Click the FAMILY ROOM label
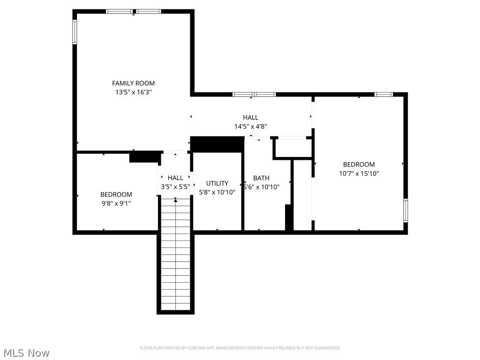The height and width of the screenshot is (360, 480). click(x=133, y=83)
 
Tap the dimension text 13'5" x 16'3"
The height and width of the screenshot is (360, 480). click(x=133, y=92)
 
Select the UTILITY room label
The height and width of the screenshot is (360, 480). click(x=217, y=183)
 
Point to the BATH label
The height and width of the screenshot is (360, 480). click(x=261, y=178)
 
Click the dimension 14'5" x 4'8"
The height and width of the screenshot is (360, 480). click(x=250, y=127)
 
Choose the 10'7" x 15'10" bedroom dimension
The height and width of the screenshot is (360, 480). click(x=359, y=173)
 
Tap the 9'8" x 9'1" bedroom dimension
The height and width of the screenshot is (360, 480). click(x=116, y=203)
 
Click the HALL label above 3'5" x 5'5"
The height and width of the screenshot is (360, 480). click(x=175, y=178)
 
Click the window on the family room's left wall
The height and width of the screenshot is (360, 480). click(x=75, y=32)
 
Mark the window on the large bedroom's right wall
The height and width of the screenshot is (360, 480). click(x=405, y=210)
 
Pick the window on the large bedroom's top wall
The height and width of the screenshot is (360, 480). click(x=383, y=94)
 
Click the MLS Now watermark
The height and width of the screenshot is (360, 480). click(x=26, y=352)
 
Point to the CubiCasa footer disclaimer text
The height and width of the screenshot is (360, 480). click(x=240, y=348)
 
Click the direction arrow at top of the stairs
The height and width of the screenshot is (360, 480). click(x=176, y=200)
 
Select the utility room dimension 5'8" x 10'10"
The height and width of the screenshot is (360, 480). click(x=217, y=192)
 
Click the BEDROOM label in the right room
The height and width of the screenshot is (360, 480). click(x=359, y=165)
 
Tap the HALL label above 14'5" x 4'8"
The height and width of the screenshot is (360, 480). click(x=250, y=118)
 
